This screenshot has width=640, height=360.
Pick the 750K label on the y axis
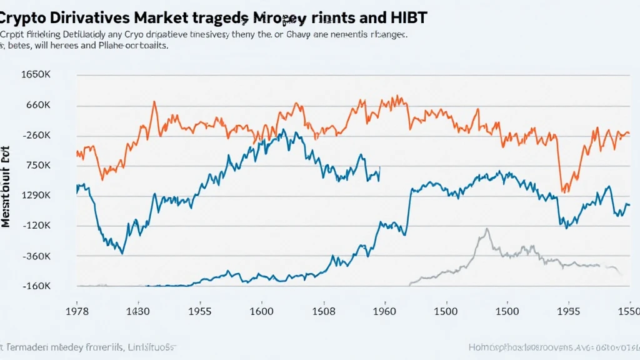37,166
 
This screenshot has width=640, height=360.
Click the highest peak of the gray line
486,229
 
